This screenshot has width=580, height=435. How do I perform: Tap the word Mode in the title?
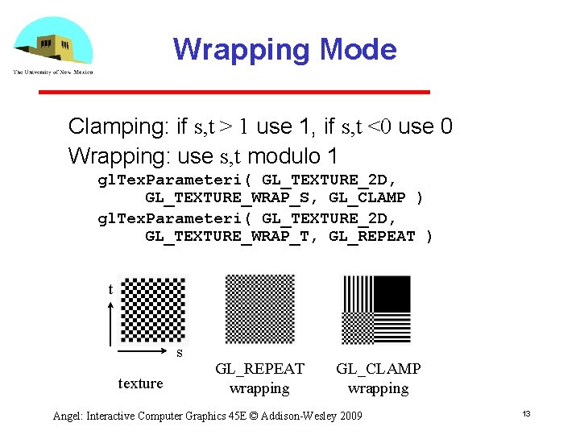[358, 50]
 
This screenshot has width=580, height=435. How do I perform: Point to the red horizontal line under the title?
[234, 93]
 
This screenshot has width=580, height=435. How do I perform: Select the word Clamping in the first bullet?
[115, 126]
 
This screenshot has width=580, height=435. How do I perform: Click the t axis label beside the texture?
[110, 289]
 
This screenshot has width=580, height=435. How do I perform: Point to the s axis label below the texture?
[179, 353]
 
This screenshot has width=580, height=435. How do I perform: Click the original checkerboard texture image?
[153, 310]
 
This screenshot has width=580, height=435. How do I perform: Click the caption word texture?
[140, 383]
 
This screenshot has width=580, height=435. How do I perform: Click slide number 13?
[525, 413]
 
